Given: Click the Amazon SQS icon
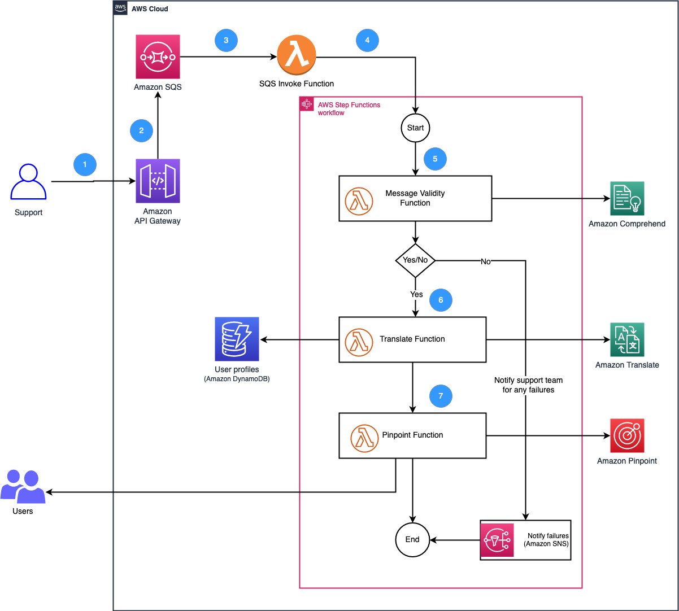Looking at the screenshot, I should tap(158, 56).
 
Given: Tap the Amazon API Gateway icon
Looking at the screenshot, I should tap(158, 181).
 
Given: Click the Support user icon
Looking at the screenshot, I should tap(28, 182).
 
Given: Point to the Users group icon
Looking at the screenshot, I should tap(23, 486).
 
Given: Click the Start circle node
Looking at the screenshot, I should tap(415, 128).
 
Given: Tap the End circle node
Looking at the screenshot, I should tap(412, 539).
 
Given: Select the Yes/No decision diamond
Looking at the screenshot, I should tap(415, 260).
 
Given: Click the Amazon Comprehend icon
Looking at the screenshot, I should tap(627, 198).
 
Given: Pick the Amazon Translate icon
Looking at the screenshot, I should tap(627, 339).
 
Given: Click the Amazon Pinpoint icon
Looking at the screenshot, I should tap(627, 435).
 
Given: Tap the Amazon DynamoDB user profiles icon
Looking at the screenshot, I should tap(237, 339).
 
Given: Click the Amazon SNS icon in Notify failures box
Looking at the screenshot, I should tap(497, 540).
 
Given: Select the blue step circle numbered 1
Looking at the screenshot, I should tap(85, 164).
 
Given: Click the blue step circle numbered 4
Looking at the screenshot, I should tap(367, 40).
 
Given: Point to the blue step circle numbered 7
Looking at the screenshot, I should tap(441, 396).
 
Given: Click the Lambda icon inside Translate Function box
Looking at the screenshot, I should tap(359, 339).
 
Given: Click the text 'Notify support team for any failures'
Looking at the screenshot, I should tap(528, 385).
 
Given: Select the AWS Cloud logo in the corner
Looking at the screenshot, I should tap(120, 8).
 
